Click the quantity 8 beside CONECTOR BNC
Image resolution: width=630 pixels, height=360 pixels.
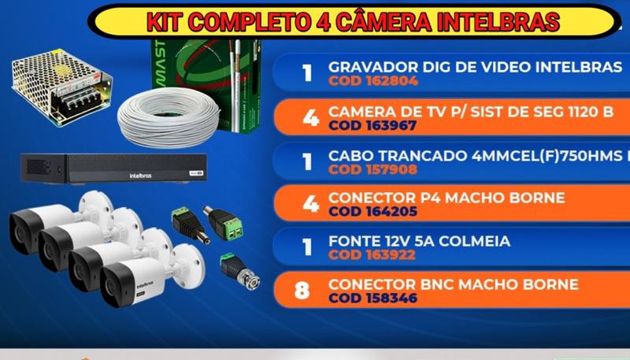click(x=302, y=291)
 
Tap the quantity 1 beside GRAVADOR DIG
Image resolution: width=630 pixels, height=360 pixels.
click(x=307, y=74)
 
